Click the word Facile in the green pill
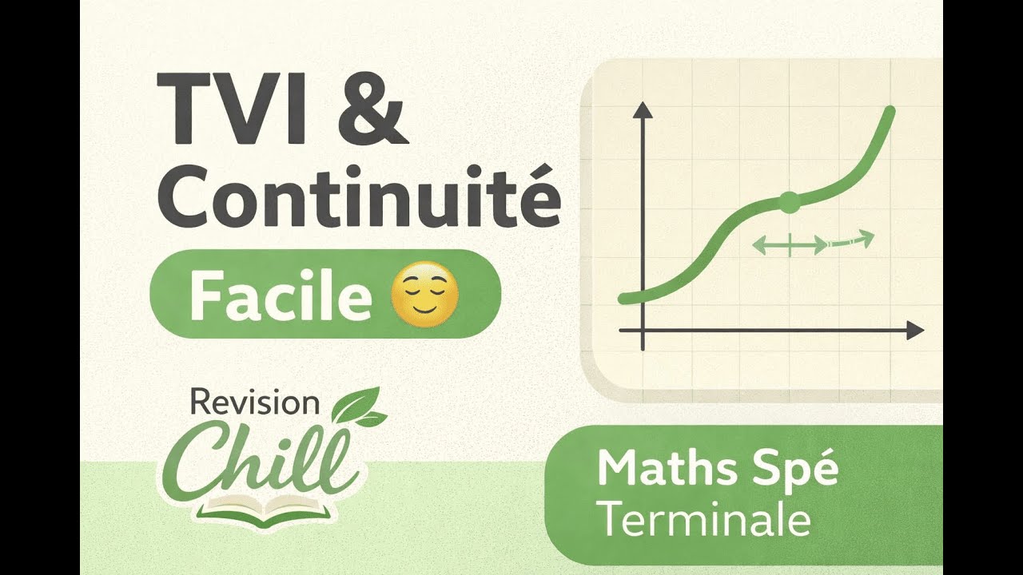[x=281, y=295]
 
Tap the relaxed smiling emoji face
[x=424, y=295]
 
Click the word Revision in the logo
[x=254, y=402]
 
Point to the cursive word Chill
[x=261, y=461]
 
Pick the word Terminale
[x=705, y=520]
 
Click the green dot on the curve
[x=790, y=203]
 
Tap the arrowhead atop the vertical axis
[x=643, y=110]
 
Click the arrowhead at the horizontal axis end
[x=915, y=331]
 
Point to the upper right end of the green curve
[x=890, y=110]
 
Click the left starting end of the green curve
[x=624, y=299]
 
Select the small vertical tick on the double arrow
[x=790, y=245]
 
